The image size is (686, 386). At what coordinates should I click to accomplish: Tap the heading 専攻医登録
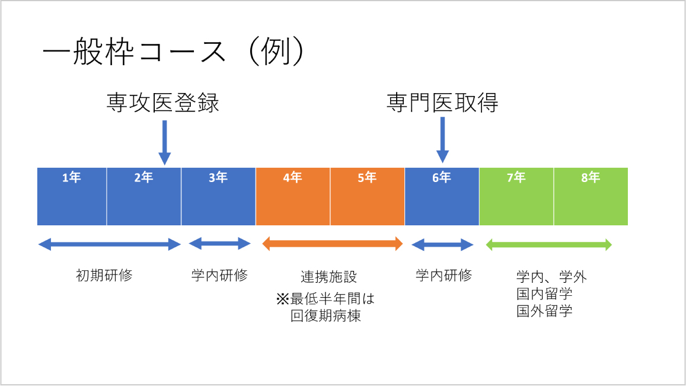click(x=163, y=103)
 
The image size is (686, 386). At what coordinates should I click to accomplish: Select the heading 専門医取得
click(x=442, y=103)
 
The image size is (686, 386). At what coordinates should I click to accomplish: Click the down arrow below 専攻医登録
click(x=164, y=142)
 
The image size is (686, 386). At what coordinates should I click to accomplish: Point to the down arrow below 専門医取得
click(x=442, y=139)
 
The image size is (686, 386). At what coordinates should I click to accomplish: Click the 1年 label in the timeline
click(x=72, y=177)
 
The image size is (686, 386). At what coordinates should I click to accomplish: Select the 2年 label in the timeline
click(x=143, y=177)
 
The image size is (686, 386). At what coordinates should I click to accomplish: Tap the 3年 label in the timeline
click(x=218, y=177)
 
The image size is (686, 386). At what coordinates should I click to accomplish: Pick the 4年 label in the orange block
click(x=292, y=177)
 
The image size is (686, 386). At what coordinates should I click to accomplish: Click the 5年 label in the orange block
click(x=367, y=177)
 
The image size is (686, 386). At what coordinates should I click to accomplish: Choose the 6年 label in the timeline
click(x=442, y=177)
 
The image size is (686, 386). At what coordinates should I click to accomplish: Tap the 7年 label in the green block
click(x=516, y=177)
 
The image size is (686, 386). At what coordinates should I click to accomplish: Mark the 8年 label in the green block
click(x=591, y=177)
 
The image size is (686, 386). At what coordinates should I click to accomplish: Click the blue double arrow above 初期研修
click(x=109, y=244)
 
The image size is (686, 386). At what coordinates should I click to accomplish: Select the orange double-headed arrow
click(x=332, y=244)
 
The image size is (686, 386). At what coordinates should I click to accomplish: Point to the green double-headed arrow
click(x=549, y=244)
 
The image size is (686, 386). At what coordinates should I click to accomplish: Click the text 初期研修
click(x=104, y=276)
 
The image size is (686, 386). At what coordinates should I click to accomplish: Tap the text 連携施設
click(x=329, y=277)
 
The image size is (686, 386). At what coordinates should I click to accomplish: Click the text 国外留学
click(x=544, y=311)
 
